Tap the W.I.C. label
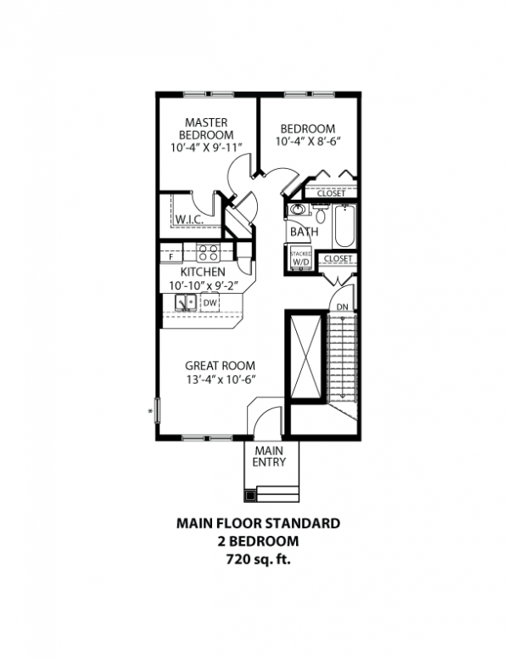187,220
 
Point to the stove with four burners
209,252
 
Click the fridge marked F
172,254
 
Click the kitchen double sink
186,302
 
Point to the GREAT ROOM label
221,366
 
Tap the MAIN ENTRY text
270,456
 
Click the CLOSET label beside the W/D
338,258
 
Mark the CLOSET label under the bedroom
330,194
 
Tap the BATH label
303,231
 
